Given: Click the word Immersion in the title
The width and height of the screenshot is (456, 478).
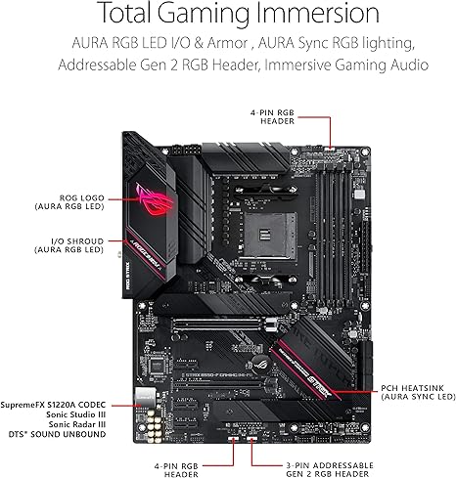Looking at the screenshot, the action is [317, 13].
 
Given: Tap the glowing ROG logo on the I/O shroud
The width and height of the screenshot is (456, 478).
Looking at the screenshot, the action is [153, 200].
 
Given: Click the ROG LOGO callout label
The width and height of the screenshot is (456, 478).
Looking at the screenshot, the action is [69, 202].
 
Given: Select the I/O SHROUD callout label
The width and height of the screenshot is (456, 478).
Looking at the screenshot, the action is [69, 245].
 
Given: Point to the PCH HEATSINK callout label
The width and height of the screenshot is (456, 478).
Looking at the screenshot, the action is [418, 392].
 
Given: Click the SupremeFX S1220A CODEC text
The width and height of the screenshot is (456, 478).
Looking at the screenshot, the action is [53, 405].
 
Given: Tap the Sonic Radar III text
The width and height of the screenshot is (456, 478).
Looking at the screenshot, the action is [77, 424].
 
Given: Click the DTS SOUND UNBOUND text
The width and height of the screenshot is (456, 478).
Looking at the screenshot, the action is [58, 434].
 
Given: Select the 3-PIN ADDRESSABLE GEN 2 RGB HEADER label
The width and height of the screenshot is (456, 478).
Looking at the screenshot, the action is [330, 469].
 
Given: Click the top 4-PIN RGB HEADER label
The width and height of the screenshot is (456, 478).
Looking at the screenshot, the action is [272, 116].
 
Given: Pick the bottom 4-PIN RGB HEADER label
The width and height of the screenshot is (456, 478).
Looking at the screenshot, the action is [176, 470].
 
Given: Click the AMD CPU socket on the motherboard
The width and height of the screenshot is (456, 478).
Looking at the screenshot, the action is [270, 235].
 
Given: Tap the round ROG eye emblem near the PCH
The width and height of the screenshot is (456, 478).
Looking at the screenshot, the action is [259, 362].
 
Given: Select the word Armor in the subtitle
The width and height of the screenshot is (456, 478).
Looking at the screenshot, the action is [228, 43].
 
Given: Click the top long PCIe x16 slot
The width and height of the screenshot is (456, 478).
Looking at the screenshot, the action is [217, 325].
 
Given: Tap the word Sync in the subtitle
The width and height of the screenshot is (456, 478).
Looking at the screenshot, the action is [331, 43].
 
